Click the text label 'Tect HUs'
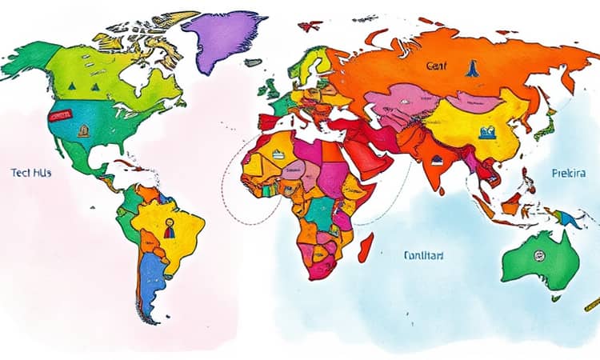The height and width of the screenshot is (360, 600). (x=31, y=172)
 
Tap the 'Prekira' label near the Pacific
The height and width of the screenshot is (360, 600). (x=569, y=173)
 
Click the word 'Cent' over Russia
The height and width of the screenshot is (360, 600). (x=438, y=66)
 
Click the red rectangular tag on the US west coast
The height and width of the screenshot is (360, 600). (x=59, y=115)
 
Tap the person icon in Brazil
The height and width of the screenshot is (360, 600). (x=169, y=230)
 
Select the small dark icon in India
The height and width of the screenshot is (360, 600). (x=438, y=161)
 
